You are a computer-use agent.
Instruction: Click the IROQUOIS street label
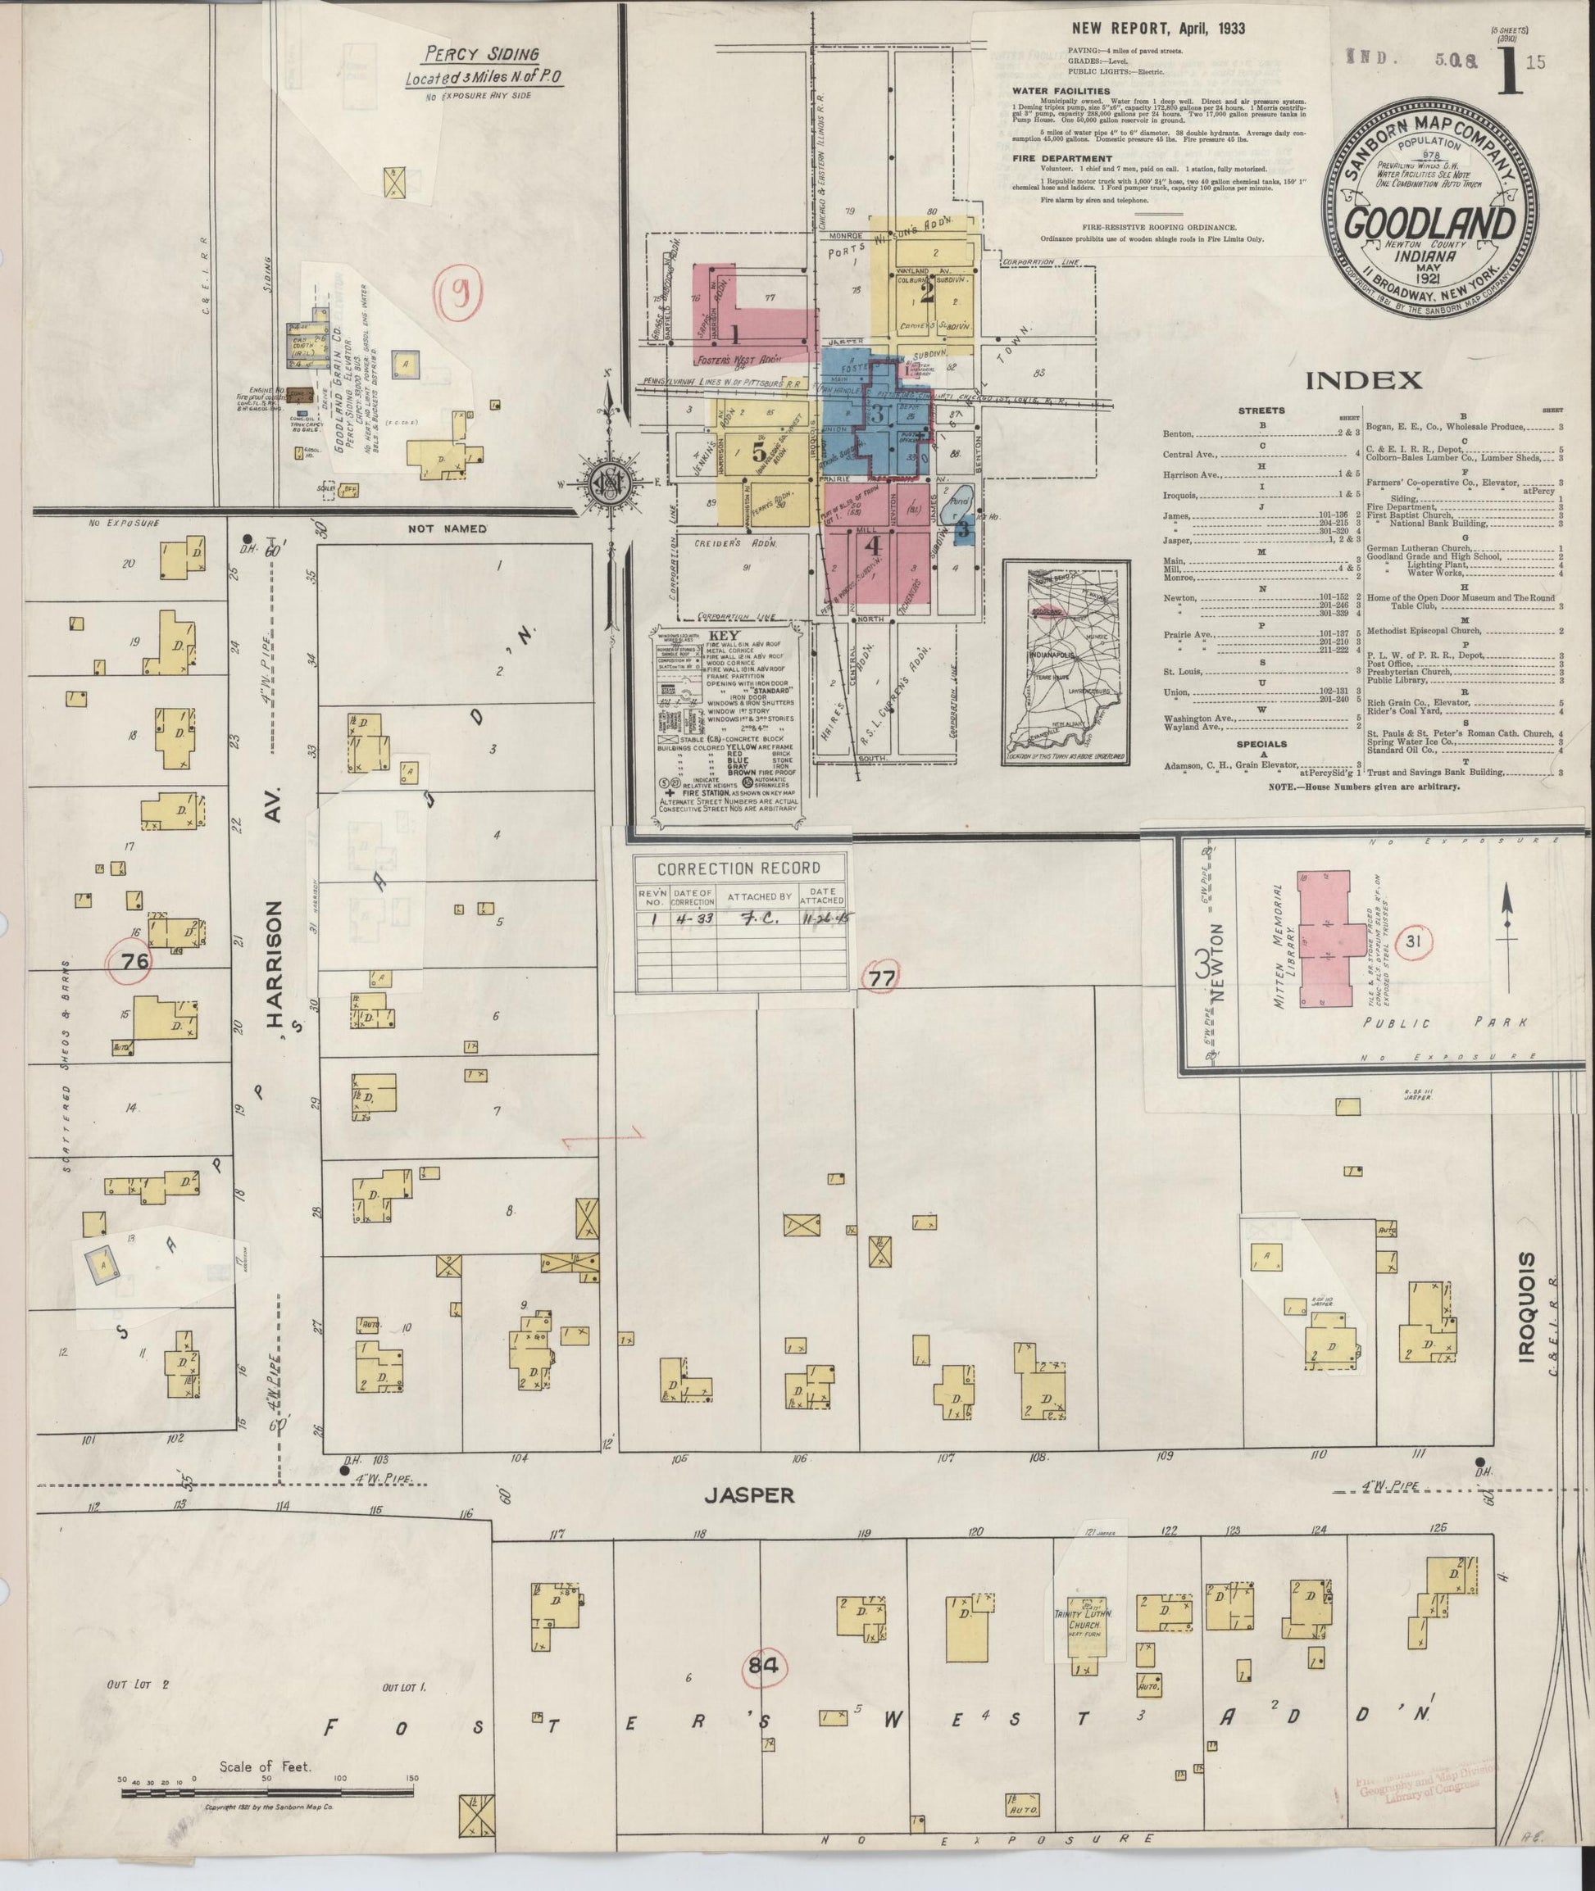(x=1526, y=1306)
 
